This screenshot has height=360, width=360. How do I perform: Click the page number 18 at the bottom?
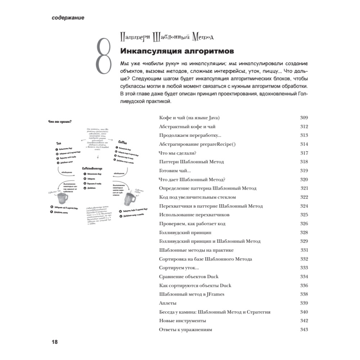click(53, 342)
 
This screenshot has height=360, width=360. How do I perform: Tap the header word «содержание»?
click(68, 18)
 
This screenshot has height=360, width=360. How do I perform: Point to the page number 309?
click(304, 118)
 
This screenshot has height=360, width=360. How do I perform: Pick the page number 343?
click(304, 330)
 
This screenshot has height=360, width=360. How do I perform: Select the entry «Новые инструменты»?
click(182, 321)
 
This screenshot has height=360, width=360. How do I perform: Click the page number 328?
click(304, 233)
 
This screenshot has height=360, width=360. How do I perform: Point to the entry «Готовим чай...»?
click(175, 171)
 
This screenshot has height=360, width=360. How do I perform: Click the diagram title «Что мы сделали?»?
click(60, 122)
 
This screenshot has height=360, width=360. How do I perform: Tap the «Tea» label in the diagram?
click(58, 143)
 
